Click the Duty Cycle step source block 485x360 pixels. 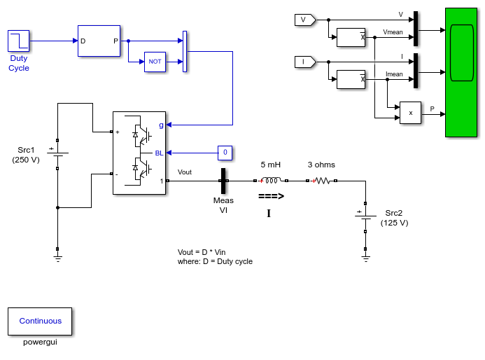[19, 41]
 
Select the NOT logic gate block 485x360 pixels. [155, 62]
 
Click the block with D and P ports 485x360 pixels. [99, 41]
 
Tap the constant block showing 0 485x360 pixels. [225, 153]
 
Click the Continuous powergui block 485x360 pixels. [40, 321]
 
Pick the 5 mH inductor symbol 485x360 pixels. [271, 180]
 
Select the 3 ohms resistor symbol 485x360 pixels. [321, 181]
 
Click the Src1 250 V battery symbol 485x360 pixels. [57, 153]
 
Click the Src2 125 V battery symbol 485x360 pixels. [365, 216]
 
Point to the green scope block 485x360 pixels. [461, 72]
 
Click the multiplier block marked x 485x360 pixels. [410, 113]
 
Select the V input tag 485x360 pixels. [305, 20]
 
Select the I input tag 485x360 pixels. [305, 62]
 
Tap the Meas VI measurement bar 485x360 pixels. [223, 181]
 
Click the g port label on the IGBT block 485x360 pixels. [161, 125]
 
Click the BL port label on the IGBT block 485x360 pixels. [159, 153]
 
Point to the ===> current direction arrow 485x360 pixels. [272, 196]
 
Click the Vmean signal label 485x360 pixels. [393, 32]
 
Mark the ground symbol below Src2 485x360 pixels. [365, 258]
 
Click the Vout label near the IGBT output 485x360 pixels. [185, 172]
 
